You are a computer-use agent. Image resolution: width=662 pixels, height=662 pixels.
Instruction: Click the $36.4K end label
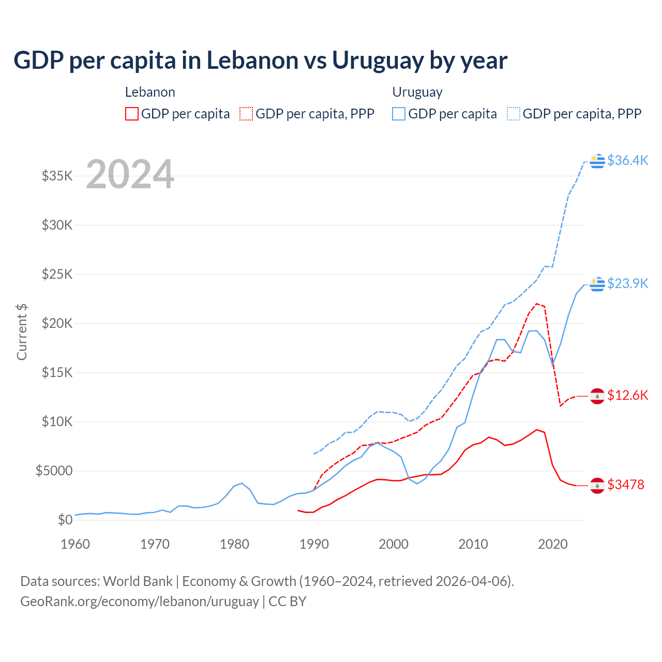click(x=627, y=160)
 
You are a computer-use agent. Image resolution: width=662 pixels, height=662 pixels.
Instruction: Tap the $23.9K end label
click(x=627, y=283)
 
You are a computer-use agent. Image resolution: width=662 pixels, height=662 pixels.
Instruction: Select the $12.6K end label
click(x=627, y=395)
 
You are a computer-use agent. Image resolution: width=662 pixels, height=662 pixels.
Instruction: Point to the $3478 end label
click(x=626, y=485)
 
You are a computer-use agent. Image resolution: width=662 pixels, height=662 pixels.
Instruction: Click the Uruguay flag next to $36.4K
click(x=597, y=161)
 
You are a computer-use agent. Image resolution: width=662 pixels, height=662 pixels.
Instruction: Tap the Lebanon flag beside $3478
click(x=597, y=486)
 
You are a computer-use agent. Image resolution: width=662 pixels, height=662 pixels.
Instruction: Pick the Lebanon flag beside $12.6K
click(x=597, y=396)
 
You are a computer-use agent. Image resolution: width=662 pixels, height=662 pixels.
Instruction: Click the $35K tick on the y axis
click(x=57, y=176)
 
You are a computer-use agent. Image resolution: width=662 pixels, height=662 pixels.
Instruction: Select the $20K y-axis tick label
click(x=57, y=323)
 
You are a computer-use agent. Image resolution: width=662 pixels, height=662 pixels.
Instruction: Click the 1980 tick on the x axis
click(x=235, y=544)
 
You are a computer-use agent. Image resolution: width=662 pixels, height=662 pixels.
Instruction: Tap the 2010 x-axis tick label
click(x=473, y=544)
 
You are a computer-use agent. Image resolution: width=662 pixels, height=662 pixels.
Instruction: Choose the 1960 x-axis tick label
click(x=76, y=544)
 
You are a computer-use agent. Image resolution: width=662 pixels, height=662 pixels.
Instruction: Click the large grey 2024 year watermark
click(x=130, y=174)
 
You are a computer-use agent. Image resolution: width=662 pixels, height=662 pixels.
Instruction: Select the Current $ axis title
click(x=22, y=332)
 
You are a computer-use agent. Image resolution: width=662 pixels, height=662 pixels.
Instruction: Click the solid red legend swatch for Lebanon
click(x=132, y=114)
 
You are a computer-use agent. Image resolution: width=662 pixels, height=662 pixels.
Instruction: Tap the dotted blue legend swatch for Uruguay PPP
click(x=514, y=114)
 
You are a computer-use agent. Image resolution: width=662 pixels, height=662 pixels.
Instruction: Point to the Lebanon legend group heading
click(x=150, y=92)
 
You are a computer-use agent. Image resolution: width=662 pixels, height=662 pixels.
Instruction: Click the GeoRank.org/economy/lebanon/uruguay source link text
click(x=140, y=601)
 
